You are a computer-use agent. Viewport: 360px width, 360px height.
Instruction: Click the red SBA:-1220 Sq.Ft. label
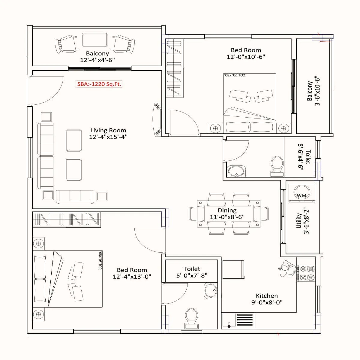point(99,84)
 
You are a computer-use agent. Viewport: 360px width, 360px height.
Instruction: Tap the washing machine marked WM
point(301,193)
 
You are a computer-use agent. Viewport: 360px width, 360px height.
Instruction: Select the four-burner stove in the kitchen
point(306,273)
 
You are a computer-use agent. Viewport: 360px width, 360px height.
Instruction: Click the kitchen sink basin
point(229,321)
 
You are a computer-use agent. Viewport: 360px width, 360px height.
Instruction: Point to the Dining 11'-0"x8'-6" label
point(227,214)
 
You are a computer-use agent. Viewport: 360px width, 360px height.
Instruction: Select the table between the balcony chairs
point(94,40)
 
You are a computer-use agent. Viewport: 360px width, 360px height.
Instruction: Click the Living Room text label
point(108,130)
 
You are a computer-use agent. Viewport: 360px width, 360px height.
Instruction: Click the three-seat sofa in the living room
point(75,196)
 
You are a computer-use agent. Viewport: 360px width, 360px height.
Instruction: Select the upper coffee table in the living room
point(74,140)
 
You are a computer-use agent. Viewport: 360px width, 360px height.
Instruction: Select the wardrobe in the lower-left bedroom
point(66,220)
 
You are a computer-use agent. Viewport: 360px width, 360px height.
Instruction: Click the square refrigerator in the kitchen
point(233,270)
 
